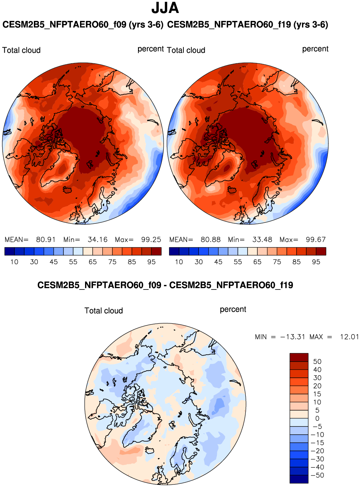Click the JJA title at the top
(x=165, y=8)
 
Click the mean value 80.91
(x=46, y=240)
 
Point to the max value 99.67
(x=316, y=240)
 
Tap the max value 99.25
(x=151, y=240)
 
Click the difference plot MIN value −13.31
(x=293, y=337)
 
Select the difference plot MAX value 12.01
(x=349, y=337)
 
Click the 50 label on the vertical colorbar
(x=317, y=362)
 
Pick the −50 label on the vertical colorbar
(x=317, y=475)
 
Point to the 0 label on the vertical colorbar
(x=317, y=419)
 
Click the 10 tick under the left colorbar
(x=14, y=262)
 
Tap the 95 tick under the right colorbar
(x=316, y=262)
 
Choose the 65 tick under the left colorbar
(x=93, y=262)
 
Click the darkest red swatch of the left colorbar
(x=156, y=251)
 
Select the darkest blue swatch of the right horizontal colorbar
(x=174, y=251)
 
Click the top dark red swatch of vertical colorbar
(x=299, y=357)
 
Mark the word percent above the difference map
(x=233, y=309)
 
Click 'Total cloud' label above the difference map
(x=103, y=311)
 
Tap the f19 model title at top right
(x=248, y=25)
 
